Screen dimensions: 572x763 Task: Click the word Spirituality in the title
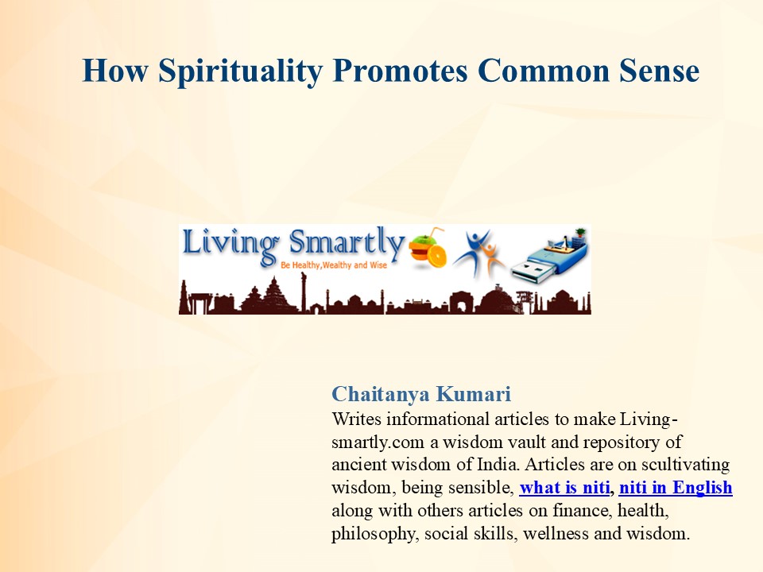[240, 71]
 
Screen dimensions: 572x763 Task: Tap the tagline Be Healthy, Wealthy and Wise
[333, 264]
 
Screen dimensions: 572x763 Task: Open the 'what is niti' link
[564, 487]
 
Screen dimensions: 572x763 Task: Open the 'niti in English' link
[676, 487]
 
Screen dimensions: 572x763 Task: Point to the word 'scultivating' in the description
[684, 464]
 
